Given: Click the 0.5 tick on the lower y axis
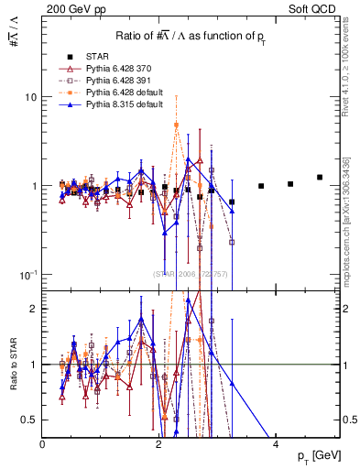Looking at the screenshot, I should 29,420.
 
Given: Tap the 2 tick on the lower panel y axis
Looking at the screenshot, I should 33,309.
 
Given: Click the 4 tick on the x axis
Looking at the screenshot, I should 277,444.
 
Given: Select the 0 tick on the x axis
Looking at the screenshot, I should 43,444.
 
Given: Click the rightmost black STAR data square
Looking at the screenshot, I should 320,178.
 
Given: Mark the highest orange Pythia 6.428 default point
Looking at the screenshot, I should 176,125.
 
